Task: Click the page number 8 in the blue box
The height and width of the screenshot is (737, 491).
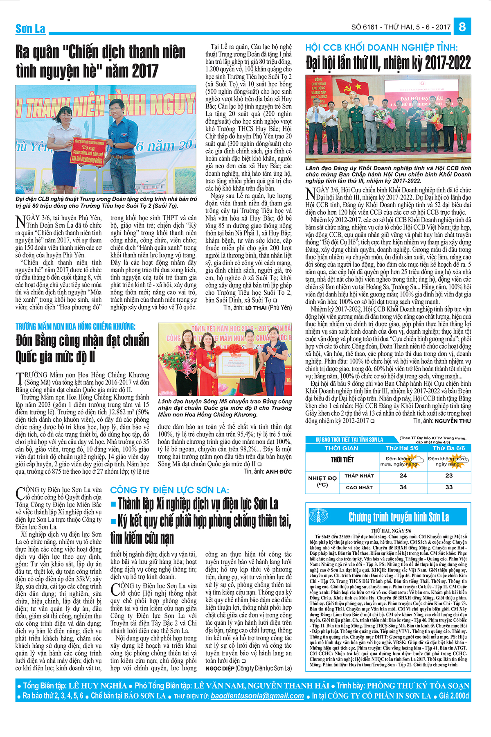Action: [462, 27]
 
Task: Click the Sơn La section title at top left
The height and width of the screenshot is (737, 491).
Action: [30, 29]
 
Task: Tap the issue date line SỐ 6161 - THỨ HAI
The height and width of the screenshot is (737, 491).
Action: [401, 27]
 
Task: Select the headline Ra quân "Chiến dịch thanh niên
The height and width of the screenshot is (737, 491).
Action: [100, 52]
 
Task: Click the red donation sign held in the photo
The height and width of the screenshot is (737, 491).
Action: [88, 151]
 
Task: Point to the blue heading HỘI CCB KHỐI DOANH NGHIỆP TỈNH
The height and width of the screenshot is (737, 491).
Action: [381, 47]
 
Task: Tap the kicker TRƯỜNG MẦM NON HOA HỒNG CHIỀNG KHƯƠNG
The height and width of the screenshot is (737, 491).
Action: [75, 326]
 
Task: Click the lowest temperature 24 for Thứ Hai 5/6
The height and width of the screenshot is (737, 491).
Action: [403, 475]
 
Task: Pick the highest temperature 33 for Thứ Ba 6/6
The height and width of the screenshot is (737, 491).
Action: [449, 487]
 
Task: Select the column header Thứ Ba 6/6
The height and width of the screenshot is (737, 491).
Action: [449, 448]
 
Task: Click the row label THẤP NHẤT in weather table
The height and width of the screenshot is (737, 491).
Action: [359, 476]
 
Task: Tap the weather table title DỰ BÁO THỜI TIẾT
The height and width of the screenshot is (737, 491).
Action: [349, 439]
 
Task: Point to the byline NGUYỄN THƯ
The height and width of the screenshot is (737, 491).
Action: [453, 420]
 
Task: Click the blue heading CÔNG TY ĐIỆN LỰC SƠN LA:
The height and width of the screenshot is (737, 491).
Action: [169, 490]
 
